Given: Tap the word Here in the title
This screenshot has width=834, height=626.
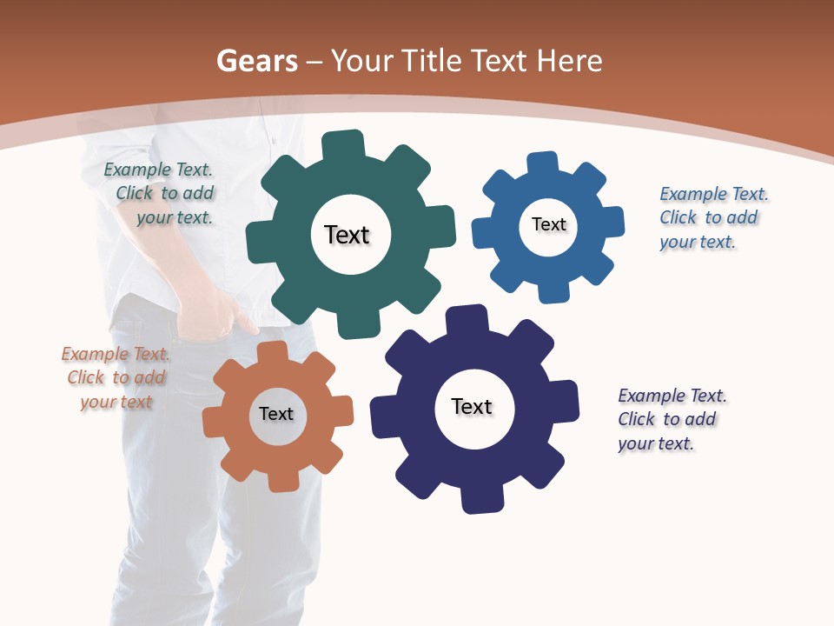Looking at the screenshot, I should click(569, 61).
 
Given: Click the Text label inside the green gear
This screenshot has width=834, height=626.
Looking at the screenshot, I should click(347, 235).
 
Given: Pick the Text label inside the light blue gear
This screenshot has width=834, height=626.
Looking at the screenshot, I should click(548, 224).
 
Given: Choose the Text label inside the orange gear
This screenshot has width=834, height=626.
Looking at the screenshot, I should click(276, 414).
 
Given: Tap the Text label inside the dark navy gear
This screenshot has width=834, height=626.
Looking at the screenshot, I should click(472, 406).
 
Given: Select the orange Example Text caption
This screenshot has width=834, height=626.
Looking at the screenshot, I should click(116, 378).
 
